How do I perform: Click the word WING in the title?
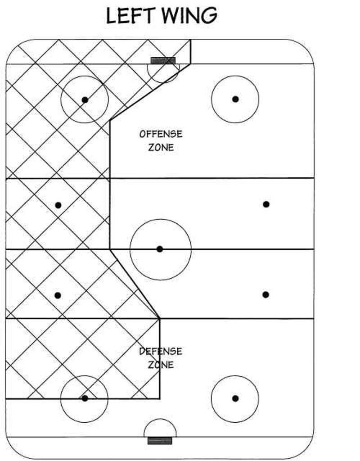click(189, 16)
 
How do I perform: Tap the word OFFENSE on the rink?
click(161, 134)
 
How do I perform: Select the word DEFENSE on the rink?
click(161, 351)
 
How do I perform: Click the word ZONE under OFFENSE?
click(161, 147)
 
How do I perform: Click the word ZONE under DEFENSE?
click(161, 365)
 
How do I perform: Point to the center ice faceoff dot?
click(160, 249)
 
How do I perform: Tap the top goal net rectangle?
click(163, 61)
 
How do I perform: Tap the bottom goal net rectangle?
click(160, 441)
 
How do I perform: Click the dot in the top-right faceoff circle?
click(235, 99)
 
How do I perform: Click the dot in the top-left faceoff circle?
click(85, 100)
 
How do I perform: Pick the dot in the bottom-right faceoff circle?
click(235, 398)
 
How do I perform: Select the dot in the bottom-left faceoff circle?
click(85, 398)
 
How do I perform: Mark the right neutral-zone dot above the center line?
click(266, 204)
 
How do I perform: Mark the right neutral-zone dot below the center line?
click(265, 294)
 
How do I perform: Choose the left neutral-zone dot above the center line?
click(58, 205)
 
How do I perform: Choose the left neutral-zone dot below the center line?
click(58, 295)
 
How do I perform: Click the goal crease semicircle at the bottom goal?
click(160, 419)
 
